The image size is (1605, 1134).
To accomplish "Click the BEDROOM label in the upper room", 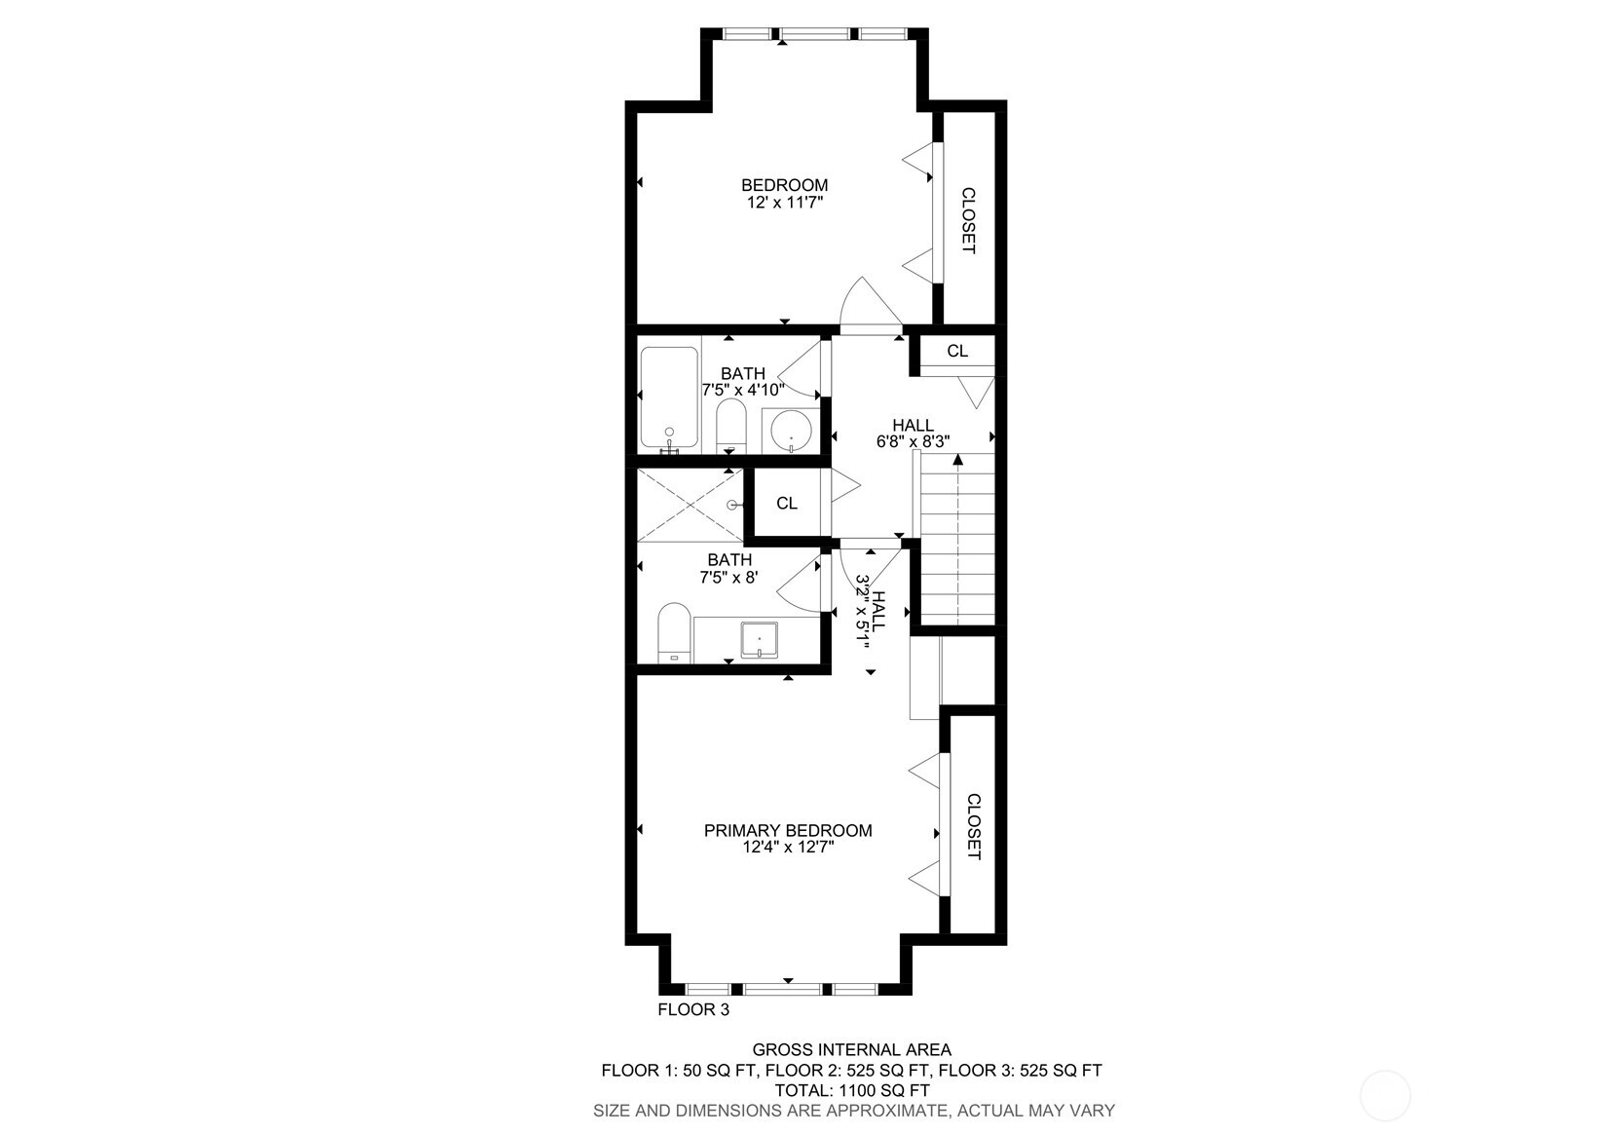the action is click(x=785, y=185).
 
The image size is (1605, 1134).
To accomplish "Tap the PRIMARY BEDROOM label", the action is click(x=788, y=830).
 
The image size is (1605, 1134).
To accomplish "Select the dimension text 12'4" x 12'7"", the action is click(x=788, y=848).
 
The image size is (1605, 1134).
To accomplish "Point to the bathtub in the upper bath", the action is click(x=669, y=398).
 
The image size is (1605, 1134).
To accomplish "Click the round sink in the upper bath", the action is click(x=791, y=430).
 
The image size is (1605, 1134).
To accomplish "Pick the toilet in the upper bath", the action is click(x=730, y=427).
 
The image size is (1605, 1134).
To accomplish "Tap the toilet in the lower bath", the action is click(x=674, y=632).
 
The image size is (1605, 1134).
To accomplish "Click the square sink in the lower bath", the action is click(x=759, y=639).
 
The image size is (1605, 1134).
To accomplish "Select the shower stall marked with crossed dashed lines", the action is click(x=691, y=506).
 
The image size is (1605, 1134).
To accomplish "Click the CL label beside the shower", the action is click(x=787, y=504).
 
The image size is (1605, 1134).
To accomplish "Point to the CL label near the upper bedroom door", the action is click(x=957, y=352).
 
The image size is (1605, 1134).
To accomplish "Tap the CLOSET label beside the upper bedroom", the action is click(x=968, y=221).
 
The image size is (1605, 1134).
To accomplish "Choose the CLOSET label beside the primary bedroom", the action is click(x=973, y=826).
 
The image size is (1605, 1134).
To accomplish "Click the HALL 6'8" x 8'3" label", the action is click(x=913, y=434).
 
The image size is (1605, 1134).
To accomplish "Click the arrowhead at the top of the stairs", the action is click(x=957, y=461).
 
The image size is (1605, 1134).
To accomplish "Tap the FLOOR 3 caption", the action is click(x=693, y=1010).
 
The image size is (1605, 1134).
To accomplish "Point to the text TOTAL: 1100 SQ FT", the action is click(x=852, y=1091).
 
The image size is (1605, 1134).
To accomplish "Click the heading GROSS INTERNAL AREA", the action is click(x=852, y=1050).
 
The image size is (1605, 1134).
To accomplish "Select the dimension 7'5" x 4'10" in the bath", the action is click(x=743, y=390).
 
